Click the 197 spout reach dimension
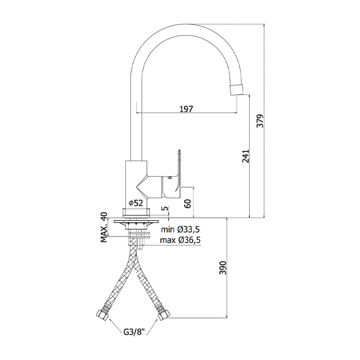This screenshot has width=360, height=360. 186,109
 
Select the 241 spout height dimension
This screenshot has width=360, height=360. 246,156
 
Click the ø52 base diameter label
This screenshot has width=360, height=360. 135,203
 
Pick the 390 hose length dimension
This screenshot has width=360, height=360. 223,268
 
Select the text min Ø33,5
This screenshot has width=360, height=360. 180,229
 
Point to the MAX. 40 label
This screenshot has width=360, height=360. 104,227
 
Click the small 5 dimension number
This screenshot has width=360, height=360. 164,209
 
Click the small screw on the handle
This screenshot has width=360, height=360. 170,178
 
